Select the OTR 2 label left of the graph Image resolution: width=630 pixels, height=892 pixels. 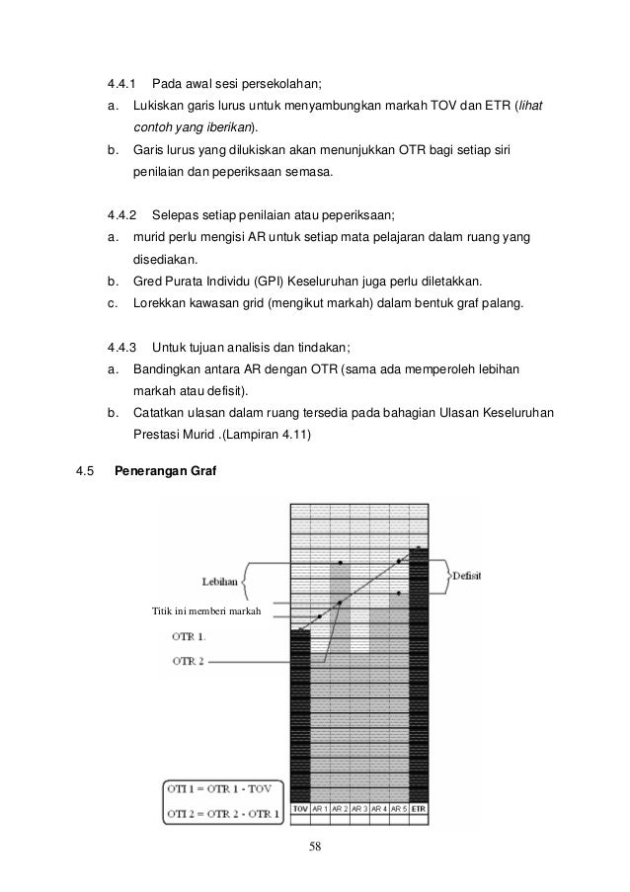tap(190, 659)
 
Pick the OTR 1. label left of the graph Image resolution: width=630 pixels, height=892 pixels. tap(190, 636)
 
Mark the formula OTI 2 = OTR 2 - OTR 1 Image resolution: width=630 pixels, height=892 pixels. tap(222, 813)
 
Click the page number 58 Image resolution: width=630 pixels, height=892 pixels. tap(315, 847)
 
